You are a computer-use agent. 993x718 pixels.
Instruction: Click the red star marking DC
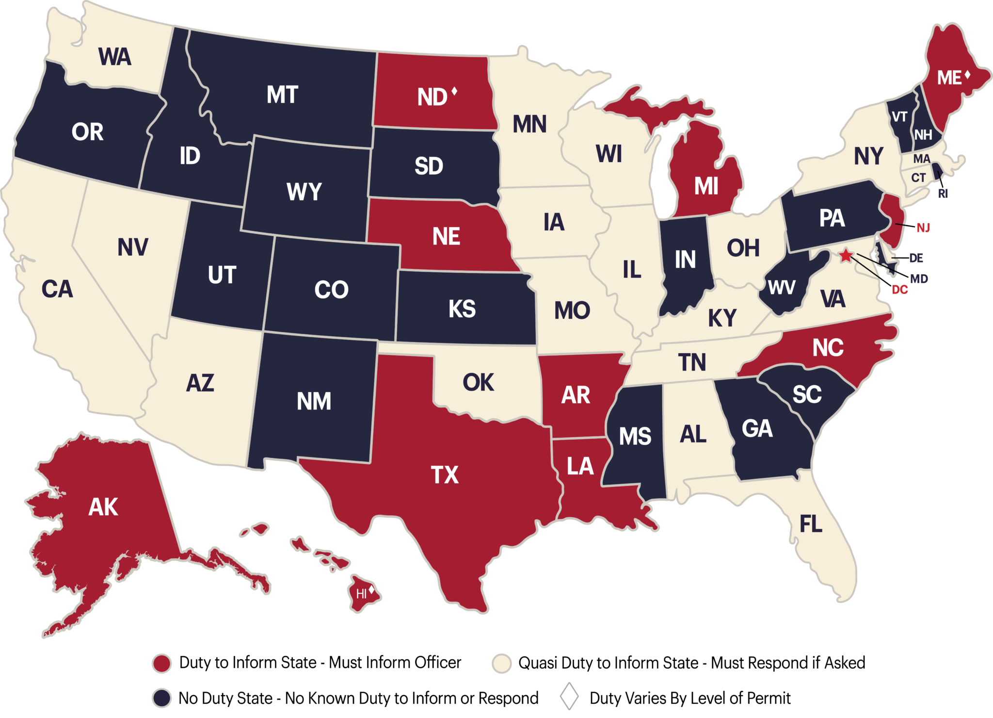[x=846, y=255]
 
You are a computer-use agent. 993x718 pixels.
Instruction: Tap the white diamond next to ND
[x=454, y=91]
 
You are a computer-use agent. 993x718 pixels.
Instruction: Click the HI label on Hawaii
[x=361, y=594]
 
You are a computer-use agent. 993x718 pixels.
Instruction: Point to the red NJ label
[x=923, y=228]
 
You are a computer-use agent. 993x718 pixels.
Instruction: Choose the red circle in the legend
[x=161, y=663]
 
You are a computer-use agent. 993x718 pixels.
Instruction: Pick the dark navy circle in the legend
[x=161, y=698]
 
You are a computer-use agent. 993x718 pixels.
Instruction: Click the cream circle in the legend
[x=501, y=663]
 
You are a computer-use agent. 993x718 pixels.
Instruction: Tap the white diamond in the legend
[x=569, y=696]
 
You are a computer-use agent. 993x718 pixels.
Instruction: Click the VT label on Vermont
[x=899, y=117]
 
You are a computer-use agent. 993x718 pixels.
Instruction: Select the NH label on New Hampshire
[x=923, y=134]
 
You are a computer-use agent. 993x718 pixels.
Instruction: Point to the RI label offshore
[x=943, y=194]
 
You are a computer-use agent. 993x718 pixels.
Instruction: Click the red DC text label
[x=900, y=290]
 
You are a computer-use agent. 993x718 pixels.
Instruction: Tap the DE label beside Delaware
[x=916, y=258]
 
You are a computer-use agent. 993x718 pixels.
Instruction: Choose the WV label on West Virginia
[x=782, y=288]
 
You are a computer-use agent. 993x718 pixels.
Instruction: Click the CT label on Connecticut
[x=918, y=178]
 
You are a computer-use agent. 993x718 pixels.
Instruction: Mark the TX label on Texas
[x=445, y=474]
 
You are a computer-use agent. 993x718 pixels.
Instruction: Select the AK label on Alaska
[x=103, y=507]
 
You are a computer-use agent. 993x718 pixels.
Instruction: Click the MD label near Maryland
[x=919, y=278]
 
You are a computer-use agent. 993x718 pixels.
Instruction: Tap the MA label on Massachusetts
[x=922, y=159]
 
